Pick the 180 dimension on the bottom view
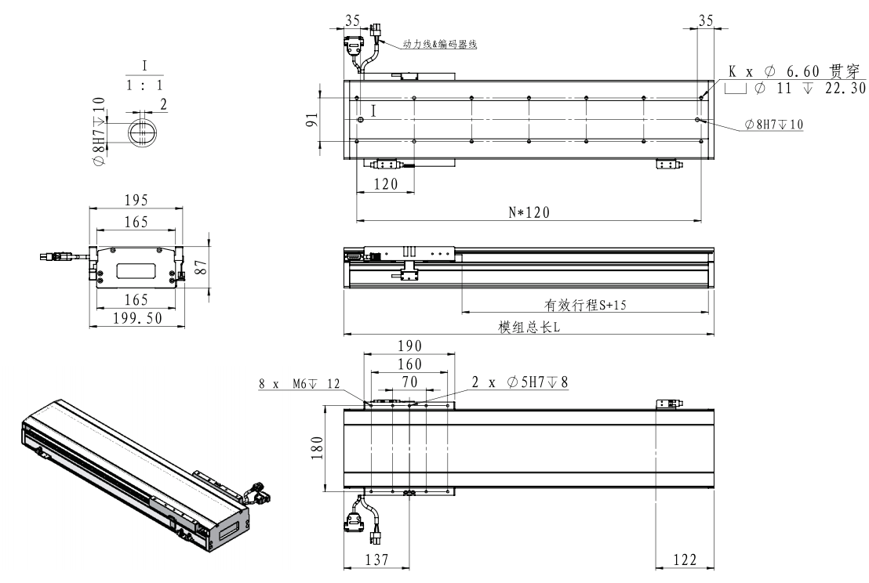316,449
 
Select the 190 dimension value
408,346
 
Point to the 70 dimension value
408,382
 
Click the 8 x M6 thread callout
300,384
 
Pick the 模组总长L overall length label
529,328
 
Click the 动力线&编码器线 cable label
440,45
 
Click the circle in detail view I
142,133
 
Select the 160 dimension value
408,364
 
